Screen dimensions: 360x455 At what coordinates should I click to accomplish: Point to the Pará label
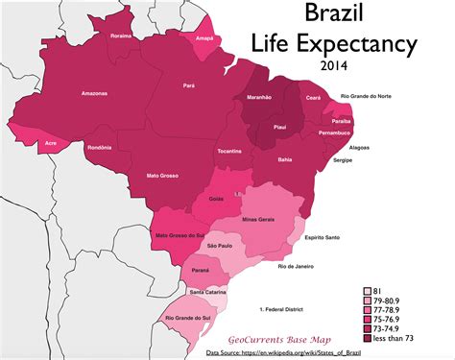pyautogui.click(x=188, y=85)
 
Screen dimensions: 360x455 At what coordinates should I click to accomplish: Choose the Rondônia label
pyautogui.click(x=99, y=147)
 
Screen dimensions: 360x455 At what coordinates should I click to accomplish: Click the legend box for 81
pyautogui.click(x=366, y=290)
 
